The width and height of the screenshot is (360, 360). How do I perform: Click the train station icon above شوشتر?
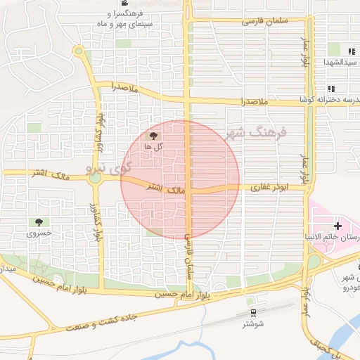pos(252,312)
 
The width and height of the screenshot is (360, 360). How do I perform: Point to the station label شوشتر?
pos(252,323)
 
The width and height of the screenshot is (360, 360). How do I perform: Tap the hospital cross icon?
pos(339,226)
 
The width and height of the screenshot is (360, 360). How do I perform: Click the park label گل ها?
pos(154,146)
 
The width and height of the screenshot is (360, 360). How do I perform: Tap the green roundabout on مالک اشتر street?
pos(95,179)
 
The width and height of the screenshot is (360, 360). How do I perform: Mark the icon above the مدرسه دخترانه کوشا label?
pos(330,89)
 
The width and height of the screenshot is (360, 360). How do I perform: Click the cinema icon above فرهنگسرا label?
pos(124,4)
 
